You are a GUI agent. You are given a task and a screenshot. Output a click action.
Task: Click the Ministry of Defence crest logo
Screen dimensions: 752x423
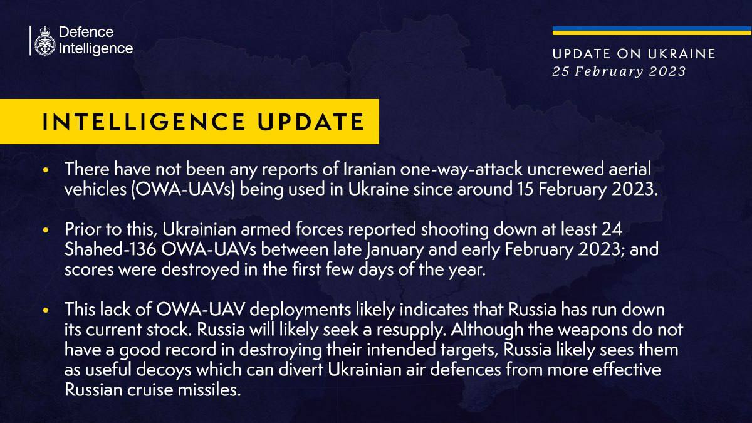pos(44,41)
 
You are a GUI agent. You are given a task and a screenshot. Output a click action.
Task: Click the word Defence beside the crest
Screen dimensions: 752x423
pos(86,32)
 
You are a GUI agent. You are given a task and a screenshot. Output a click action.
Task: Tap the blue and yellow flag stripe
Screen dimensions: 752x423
pos(652,31)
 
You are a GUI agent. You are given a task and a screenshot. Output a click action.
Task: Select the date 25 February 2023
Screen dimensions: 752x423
pos(619,71)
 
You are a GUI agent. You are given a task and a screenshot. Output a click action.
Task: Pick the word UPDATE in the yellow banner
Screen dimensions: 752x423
pos(311,122)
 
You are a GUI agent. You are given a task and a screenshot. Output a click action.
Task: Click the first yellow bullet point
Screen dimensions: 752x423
pos(46,170)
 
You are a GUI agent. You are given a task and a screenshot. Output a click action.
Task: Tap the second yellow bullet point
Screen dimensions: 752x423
pos(46,230)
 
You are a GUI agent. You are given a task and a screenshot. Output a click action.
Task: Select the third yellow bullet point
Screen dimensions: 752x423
pos(46,310)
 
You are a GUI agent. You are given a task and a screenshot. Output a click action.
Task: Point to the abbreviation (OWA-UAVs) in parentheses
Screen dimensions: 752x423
pos(183,190)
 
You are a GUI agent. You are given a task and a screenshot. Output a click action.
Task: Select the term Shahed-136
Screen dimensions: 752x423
pos(110,249)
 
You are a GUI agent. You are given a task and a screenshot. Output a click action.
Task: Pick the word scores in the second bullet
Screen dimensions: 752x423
pos(89,270)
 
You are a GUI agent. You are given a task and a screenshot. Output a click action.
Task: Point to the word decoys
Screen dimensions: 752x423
pos(164,370)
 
